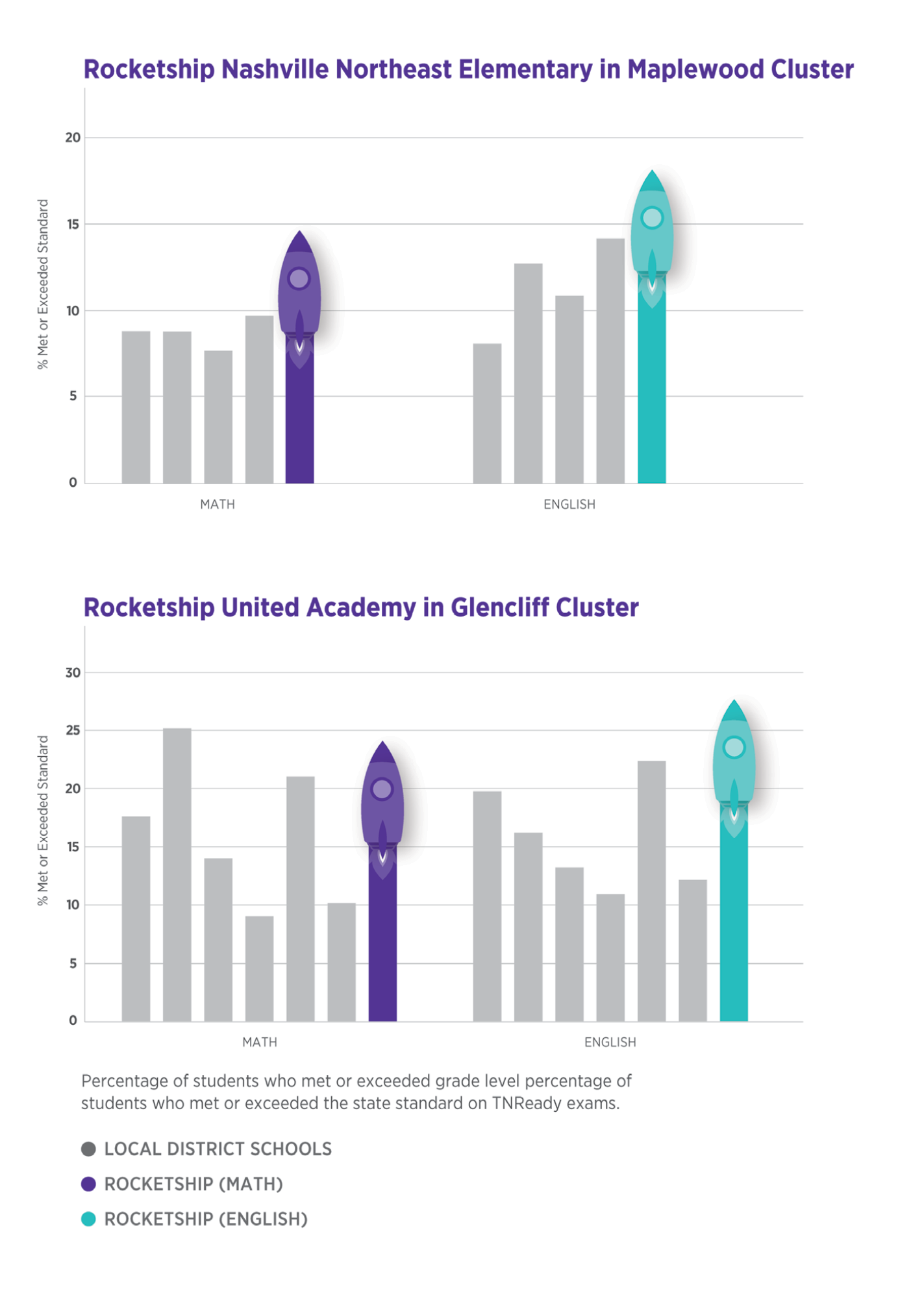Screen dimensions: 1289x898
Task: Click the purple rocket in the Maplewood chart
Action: [x=299, y=292]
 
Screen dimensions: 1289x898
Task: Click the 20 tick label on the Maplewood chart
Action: [x=73, y=138]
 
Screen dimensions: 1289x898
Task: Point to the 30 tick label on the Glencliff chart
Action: [x=73, y=673]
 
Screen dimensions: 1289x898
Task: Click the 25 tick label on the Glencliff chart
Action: [x=73, y=731]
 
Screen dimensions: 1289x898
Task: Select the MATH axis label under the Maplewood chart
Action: [x=218, y=504]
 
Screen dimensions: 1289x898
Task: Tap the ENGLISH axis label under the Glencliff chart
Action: [x=610, y=1042]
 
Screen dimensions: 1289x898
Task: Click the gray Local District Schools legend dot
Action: [x=89, y=1149]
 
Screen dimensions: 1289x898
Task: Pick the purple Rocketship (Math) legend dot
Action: [x=89, y=1185]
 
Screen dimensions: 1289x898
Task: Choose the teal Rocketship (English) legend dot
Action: [x=89, y=1220]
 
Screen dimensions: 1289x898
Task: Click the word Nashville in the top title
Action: [x=276, y=69]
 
